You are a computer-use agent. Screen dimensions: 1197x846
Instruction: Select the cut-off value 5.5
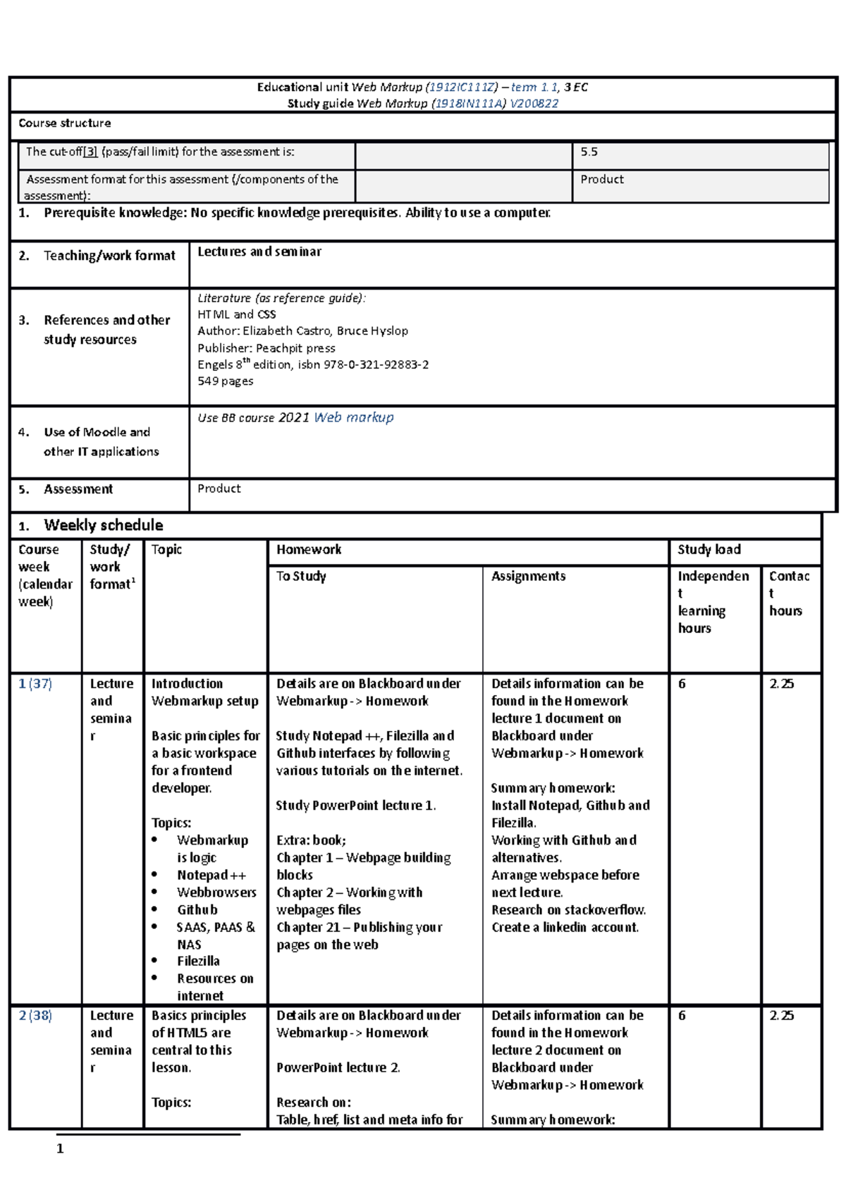(x=589, y=152)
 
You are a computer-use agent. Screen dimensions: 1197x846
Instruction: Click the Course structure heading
(x=64, y=123)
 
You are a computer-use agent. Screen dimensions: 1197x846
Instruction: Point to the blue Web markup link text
(x=353, y=417)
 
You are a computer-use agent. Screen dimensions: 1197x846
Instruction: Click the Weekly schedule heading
(x=103, y=525)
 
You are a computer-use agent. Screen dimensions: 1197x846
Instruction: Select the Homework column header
(x=309, y=550)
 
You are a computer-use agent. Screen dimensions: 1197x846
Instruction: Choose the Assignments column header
(x=528, y=576)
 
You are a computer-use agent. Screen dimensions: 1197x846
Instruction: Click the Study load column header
(x=709, y=550)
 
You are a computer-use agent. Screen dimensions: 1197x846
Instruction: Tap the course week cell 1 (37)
(x=35, y=684)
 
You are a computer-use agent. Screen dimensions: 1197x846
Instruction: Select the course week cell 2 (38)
(x=35, y=1016)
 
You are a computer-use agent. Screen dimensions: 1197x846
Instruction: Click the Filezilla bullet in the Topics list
(x=198, y=962)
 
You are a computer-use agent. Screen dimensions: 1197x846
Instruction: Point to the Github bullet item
(x=197, y=910)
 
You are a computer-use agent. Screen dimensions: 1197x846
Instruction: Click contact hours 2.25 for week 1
(x=781, y=684)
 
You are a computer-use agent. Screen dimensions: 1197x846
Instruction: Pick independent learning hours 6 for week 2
(x=682, y=1016)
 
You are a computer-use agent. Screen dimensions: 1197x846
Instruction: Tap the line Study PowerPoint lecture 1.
(x=355, y=806)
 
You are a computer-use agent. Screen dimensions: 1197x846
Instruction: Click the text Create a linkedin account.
(x=565, y=928)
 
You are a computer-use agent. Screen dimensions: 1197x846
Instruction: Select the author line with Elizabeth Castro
(x=302, y=331)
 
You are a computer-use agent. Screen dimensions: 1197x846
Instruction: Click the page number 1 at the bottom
(x=60, y=1148)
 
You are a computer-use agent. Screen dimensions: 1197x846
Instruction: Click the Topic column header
(x=166, y=550)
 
